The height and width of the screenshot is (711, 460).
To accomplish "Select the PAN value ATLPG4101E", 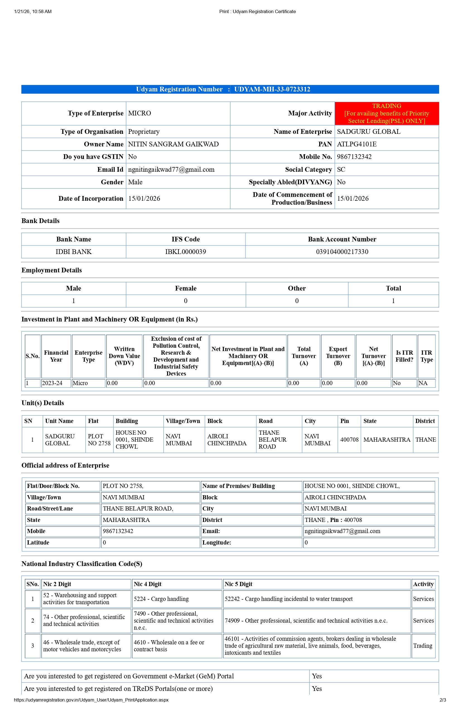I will (357, 144).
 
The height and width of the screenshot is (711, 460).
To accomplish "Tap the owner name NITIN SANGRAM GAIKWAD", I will (173, 144).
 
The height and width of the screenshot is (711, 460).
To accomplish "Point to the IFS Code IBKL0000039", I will (185, 252).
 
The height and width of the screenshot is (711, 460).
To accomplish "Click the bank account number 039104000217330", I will (342, 252).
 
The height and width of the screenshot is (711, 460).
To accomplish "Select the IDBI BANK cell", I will (74, 252).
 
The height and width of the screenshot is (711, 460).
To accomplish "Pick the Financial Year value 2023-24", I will (52, 383).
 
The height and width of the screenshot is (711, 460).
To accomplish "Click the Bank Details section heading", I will (40, 221).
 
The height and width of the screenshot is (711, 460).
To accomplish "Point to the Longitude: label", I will (217, 543).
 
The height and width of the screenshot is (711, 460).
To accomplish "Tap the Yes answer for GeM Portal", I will (317, 676).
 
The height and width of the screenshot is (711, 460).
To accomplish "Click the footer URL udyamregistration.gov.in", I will (91, 700).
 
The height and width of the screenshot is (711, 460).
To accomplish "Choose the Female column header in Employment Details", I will (185, 288).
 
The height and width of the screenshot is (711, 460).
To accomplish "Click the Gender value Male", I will (135, 182).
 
